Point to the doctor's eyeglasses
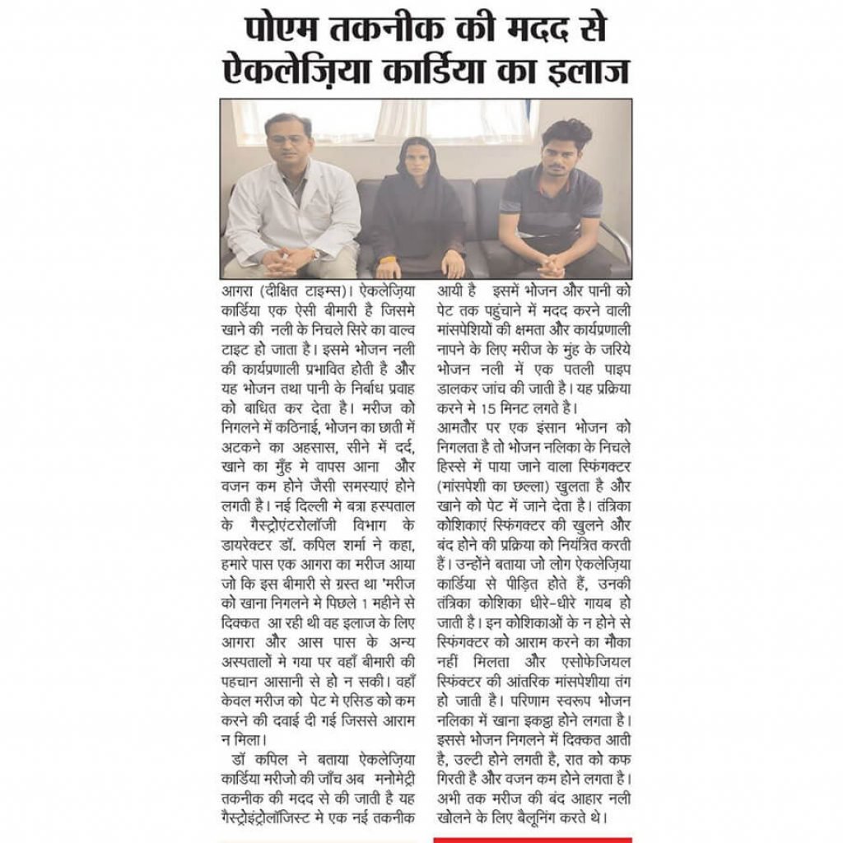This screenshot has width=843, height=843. click(287, 139)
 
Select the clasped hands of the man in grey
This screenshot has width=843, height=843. click(550, 265)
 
